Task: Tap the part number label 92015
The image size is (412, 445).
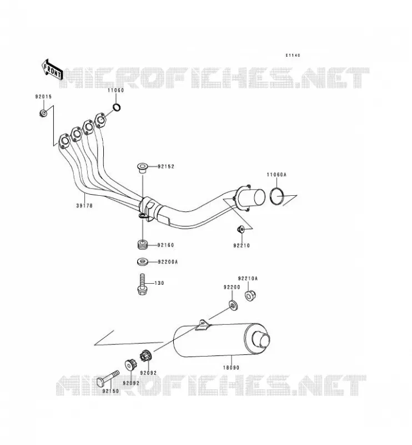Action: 43,97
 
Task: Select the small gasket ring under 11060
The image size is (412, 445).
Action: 117,107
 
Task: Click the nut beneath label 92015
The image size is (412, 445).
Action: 43,113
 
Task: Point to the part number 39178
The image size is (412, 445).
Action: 84,205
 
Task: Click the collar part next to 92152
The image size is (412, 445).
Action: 142,167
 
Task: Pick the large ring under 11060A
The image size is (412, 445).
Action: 277,196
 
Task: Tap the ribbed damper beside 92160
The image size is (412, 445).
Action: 142,245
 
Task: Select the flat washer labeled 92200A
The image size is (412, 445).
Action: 142,261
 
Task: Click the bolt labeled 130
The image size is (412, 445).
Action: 142,284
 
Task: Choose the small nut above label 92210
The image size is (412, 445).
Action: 240,229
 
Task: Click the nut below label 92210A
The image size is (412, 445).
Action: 249,296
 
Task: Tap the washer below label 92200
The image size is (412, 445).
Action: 233,305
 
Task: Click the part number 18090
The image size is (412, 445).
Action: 231,368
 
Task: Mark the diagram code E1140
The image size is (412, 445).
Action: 293,55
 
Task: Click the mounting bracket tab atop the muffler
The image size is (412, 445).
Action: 203,325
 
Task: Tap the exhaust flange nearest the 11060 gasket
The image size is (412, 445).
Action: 101,120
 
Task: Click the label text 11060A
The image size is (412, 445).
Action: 277,175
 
